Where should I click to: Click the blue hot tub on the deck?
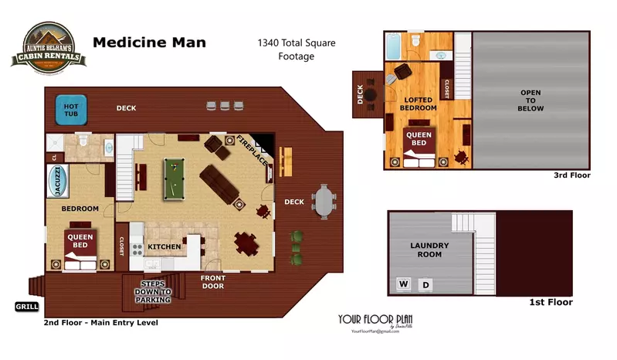point(71,110)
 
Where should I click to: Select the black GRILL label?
point(27,307)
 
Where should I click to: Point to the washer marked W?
point(402,284)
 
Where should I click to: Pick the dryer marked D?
point(424,284)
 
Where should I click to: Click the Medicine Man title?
point(149,42)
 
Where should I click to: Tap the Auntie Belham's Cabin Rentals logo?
point(43,45)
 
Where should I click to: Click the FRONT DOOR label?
point(212,282)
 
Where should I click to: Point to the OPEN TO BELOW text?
point(531,100)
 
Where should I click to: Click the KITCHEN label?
point(164,247)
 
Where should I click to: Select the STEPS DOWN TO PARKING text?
point(151,292)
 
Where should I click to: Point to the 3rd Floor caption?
point(571,175)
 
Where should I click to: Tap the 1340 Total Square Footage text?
point(297,49)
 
